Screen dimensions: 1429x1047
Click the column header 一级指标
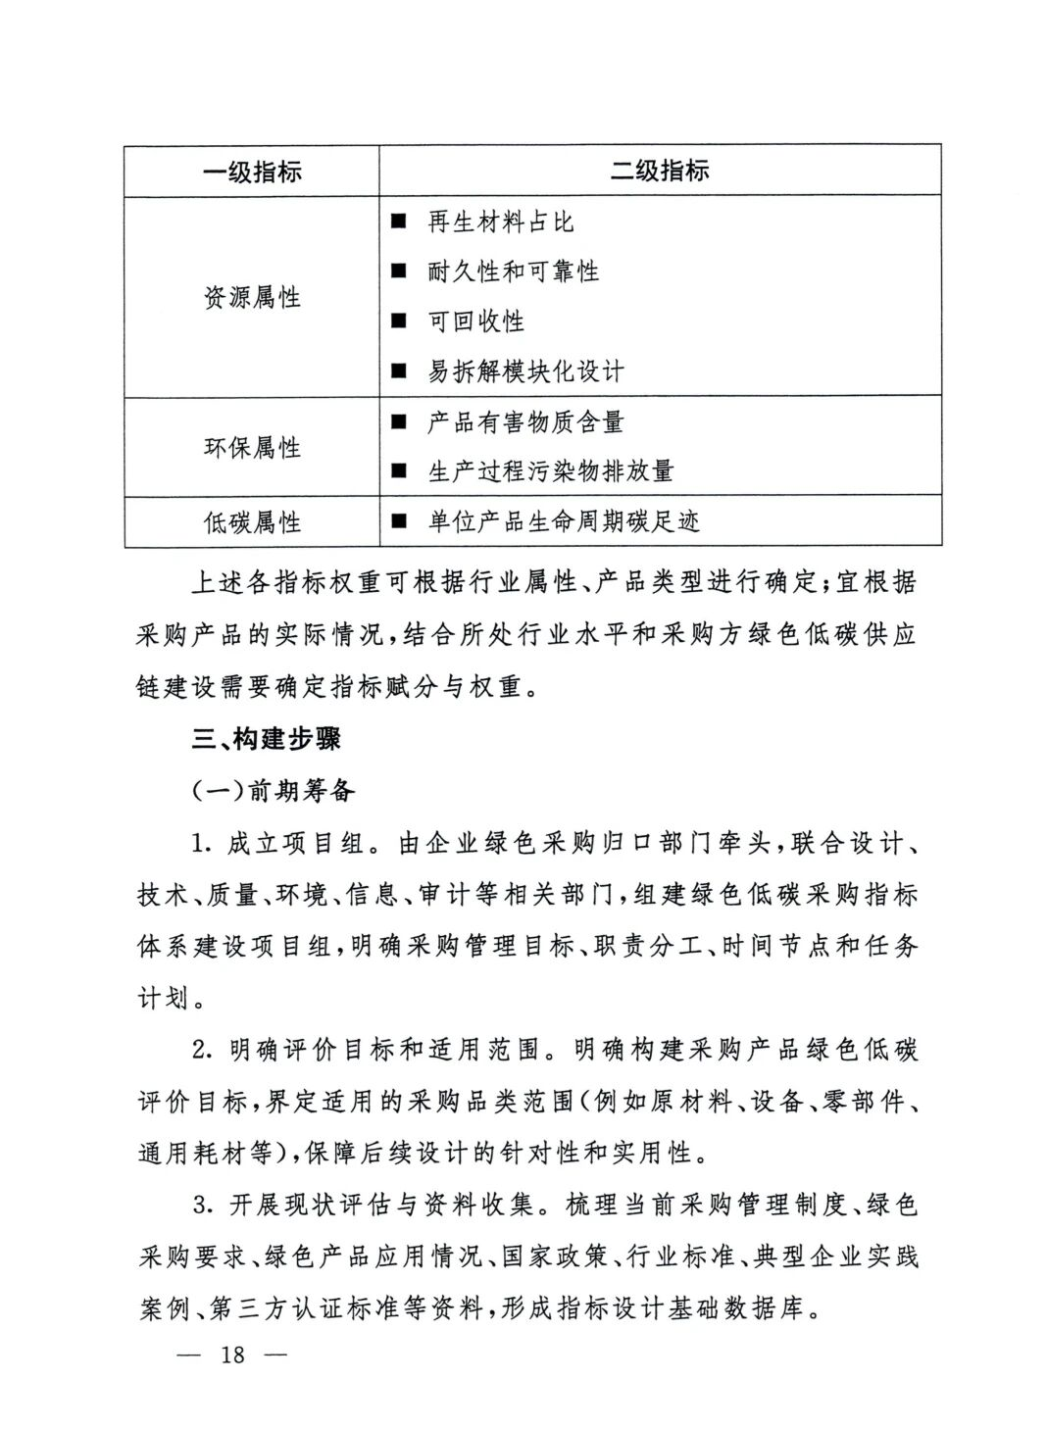coord(252,172)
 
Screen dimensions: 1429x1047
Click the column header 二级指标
coord(660,172)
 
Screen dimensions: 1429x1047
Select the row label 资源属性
coord(252,297)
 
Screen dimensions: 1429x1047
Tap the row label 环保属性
coord(252,448)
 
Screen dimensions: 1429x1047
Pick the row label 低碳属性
coord(252,522)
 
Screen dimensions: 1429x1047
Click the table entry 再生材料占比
coord(500,222)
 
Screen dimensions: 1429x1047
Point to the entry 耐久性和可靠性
coord(513,271)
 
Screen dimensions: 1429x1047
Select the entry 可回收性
coord(475,321)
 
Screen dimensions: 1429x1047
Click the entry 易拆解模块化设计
coord(525,371)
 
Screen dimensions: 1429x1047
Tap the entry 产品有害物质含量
coord(525,422)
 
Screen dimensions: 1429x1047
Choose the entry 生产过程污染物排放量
coord(550,471)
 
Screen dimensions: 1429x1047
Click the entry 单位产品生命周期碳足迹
coord(563,522)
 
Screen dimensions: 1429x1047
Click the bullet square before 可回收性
coord(398,321)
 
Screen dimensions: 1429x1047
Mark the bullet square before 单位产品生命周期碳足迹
coord(398,522)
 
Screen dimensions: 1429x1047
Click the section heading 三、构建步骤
coord(266,739)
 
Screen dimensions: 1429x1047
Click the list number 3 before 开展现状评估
coord(199,1205)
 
